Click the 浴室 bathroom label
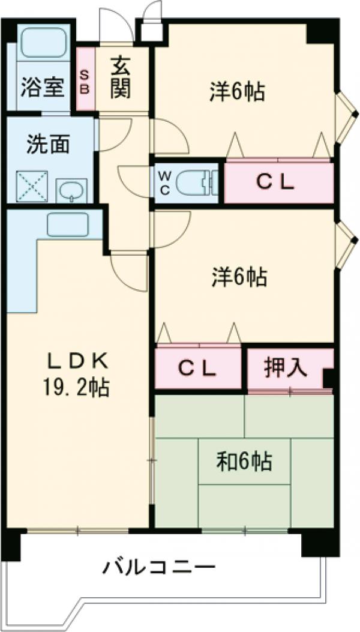(x=41, y=87)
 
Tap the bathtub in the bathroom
(x=43, y=43)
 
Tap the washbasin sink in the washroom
(x=71, y=191)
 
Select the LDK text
(x=78, y=361)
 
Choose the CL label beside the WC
(x=276, y=184)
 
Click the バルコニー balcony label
(x=158, y=566)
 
